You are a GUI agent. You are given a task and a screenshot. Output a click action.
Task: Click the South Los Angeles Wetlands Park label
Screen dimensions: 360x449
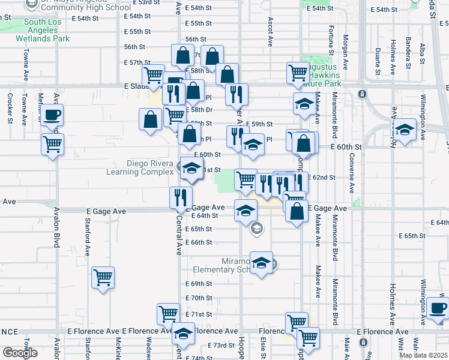[47, 31]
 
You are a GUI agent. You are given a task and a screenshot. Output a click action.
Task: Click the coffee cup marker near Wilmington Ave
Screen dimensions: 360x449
[437, 308]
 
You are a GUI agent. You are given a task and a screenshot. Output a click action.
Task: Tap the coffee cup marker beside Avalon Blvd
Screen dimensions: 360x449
[52, 115]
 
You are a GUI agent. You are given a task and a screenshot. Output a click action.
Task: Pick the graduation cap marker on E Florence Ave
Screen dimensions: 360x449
[183, 334]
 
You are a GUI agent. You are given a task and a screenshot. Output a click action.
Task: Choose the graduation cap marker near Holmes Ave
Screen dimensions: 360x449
[405, 130]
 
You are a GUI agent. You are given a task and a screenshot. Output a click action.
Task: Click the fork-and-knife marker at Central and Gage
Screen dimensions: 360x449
[180, 197]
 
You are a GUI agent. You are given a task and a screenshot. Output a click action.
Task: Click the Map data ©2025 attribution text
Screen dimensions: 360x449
[424, 355]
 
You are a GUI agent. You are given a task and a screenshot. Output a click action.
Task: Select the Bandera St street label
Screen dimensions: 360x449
[408, 52]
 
